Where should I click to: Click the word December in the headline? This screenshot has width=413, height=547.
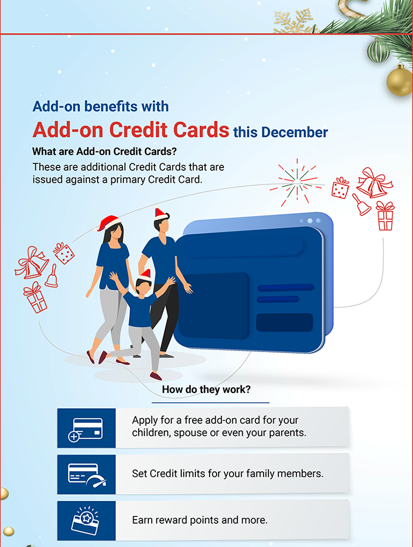click(x=295, y=133)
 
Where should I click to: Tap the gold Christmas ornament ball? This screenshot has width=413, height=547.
click(x=400, y=81)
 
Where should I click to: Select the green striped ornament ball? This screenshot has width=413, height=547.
click(x=378, y=51)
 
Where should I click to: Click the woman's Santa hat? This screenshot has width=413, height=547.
click(x=108, y=223)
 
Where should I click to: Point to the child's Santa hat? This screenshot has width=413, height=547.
click(x=145, y=275)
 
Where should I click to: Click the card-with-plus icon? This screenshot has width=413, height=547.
click(x=86, y=429)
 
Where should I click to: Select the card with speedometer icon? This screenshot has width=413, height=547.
click(x=87, y=475)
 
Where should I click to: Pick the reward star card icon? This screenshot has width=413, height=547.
click(x=86, y=520)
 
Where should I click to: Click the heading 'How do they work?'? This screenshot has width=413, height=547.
click(x=206, y=389)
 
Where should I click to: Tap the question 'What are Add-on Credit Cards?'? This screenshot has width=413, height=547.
click(x=105, y=151)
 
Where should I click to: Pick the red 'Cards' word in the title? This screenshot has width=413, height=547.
click(x=201, y=130)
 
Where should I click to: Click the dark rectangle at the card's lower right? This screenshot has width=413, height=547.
click(x=284, y=322)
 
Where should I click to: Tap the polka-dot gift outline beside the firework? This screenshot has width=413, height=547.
click(x=340, y=188)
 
